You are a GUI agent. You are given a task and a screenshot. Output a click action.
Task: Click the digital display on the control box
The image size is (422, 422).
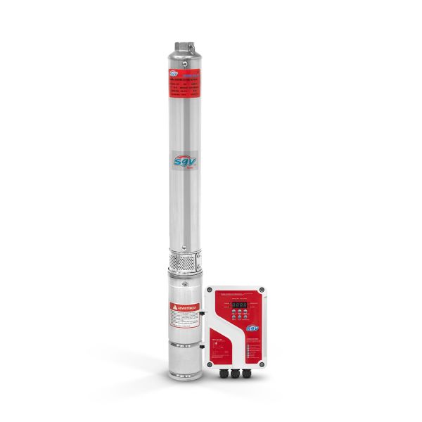tap(239, 305)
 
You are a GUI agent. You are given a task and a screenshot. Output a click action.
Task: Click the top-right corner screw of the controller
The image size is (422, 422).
tap(261, 290)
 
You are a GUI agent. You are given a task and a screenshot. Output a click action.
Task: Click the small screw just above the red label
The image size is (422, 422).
tap(184, 63)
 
